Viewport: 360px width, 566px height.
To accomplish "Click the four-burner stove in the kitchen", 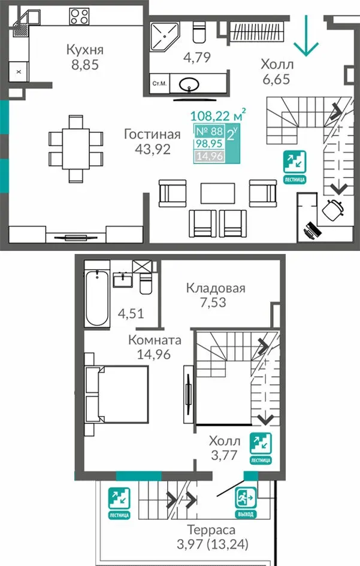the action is (80, 17).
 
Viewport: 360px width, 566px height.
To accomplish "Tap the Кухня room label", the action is (85, 50).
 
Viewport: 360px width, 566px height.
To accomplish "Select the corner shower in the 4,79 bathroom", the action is (164, 37).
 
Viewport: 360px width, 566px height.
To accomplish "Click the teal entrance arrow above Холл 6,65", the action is (306, 36).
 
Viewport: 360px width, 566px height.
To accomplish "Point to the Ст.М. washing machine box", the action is (159, 84).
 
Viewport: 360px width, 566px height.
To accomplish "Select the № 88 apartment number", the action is (209, 131).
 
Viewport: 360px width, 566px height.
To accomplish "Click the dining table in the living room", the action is (76, 149).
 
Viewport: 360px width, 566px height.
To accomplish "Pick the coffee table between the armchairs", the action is (217, 194).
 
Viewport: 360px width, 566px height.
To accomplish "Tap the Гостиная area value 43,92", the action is (152, 149).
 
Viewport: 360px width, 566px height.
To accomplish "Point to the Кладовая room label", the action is (216, 288).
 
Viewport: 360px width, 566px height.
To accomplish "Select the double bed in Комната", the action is (117, 395).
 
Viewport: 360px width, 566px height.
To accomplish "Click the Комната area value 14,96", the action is (154, 354).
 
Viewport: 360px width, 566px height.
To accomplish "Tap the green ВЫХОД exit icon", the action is (246, 502).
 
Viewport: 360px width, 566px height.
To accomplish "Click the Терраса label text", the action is (211, 530).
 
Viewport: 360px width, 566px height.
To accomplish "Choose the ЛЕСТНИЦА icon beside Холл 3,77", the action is (261, 448).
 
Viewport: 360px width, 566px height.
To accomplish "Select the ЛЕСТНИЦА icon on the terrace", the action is (119, 503).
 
